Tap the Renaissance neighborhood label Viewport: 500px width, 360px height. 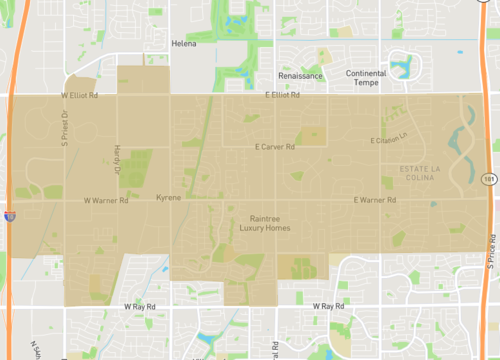coord(300,75)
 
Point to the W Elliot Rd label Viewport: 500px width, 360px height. coord(79,95)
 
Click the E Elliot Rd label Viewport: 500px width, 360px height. coord(283,95)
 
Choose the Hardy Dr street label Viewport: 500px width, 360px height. coord(116,157)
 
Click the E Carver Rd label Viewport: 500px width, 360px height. coord(275,147)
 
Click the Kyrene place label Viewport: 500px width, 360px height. coord(169,198)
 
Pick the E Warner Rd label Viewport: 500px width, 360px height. coord(375,200)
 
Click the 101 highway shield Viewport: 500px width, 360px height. coord(487,179)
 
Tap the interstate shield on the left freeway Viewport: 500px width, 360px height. coord(9,215)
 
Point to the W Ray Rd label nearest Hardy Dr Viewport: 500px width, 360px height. coord(142,305)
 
